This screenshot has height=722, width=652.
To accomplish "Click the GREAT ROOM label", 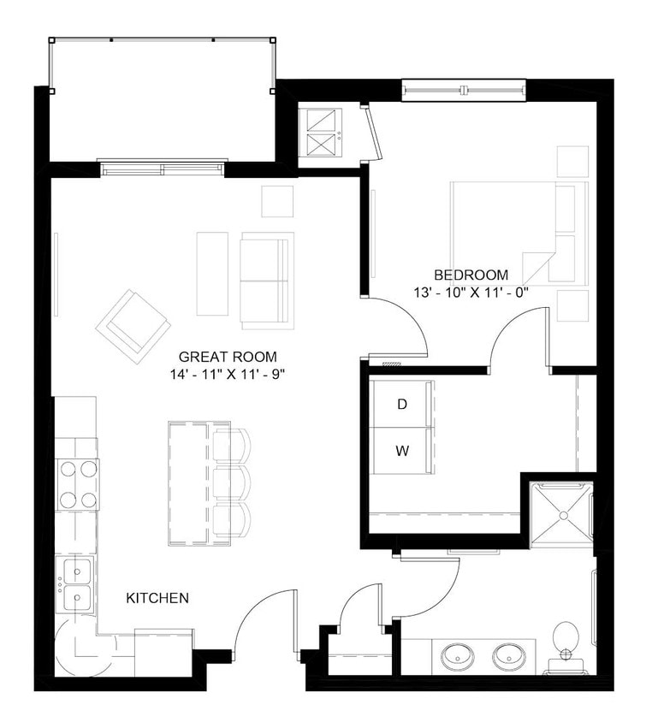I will [228, 357].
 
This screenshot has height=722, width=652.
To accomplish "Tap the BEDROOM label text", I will [471, 275].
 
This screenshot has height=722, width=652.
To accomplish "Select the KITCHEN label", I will [157, 598].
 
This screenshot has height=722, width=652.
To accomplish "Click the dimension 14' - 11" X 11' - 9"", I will [228, 374].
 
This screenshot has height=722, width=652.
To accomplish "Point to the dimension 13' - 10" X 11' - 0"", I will [471, 292].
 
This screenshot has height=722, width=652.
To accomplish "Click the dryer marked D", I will [402, 405].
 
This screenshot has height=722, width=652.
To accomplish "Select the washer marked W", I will [402, 450].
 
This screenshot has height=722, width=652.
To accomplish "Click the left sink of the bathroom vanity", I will [459, 657].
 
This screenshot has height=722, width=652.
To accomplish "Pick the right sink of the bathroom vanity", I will [512, 657].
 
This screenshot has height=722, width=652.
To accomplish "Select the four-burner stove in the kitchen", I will [77, 484].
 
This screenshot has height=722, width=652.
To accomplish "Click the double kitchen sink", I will [76, 583].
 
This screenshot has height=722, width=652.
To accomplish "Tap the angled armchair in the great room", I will [133, 325].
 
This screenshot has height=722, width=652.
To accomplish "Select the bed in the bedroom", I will [518, 233].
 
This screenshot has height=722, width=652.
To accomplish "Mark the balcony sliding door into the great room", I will [163, 168].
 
